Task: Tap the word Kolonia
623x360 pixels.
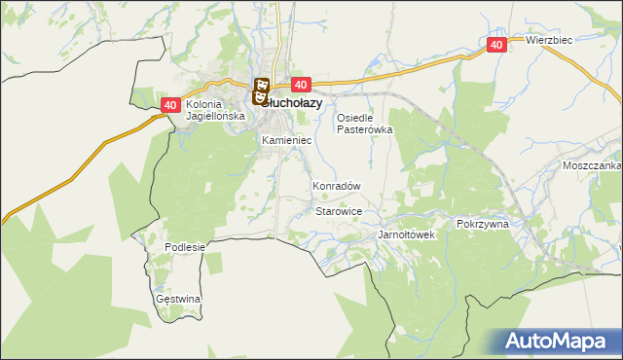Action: (205, 104)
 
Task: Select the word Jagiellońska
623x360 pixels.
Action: (213, 116)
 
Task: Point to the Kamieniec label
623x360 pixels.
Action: (286, 141)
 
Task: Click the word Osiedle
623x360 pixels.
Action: (356, 118)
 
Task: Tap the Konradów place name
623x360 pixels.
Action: (337, 186)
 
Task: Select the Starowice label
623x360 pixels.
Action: (340, 211)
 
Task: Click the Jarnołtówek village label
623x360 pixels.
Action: (406, 235)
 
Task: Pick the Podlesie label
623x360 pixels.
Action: (185, 247)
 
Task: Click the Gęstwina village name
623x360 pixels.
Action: (178, 299)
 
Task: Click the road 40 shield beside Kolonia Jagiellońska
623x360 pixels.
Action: (170, 105)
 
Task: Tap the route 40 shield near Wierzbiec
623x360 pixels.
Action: (496, 45)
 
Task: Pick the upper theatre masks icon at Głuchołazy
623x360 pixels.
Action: (261, 86)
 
